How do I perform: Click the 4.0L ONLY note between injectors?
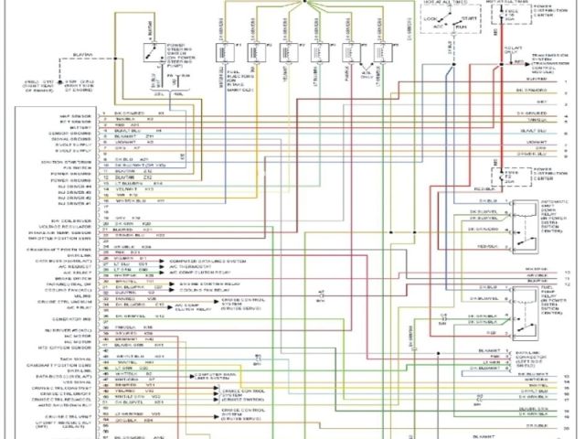(x=367, y=70)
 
